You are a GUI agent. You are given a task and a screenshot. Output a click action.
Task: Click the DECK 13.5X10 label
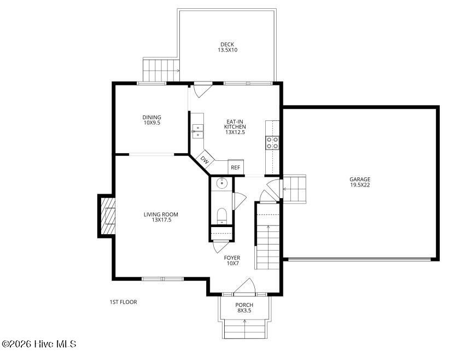pyautogui.click(x=227, y=48)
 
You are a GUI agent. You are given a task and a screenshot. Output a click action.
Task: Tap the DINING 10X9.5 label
pyautogui.click(x=151, y=120)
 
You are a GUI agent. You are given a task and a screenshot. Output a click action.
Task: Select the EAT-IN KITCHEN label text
pyautogui.click(x=235, y=124)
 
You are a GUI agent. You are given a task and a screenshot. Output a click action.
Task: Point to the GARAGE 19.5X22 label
pyautogui.click(x=360, y=182)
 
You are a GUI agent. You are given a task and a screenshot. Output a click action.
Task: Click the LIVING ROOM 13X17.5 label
pyautogui.click(x=161, y=217)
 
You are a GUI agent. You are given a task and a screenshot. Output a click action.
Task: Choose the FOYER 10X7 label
pyautogui.click(x=232, y=260)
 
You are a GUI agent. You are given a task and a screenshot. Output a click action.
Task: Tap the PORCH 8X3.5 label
pyautogui.click(x=244, y=307)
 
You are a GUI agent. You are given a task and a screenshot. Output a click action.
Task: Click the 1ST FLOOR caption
pyautogui.click(x=123, y=302)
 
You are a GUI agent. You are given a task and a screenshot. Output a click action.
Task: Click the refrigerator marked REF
pyautogui.click(x=236, y=167)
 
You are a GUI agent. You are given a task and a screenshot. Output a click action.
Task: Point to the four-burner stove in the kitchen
pyautogui.click(x=272, y=143)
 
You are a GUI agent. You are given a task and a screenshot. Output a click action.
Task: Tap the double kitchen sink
pyautogui.click(x=198, y=131)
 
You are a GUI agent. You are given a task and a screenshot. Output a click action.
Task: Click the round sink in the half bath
pyautogui.click(x=222, y=183)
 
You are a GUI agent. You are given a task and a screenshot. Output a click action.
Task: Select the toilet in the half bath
pyautogui.click(x=222, y=216)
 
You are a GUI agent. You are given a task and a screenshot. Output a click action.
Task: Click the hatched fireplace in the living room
pyautogui.click(x=107, y=216)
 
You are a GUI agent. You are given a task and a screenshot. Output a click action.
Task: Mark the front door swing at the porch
pyautogui.click(x=244, y=286)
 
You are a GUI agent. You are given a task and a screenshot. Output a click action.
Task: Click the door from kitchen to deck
pyautogui.click(x=203, y=90)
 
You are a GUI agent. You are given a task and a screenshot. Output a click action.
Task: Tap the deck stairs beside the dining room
pyautogui.click(x=161, y=70)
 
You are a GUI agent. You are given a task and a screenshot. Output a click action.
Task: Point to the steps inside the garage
pyautogui.click(x=294, y=188)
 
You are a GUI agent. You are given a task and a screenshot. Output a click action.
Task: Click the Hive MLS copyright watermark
pyautogui.click(x=39, y=344)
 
